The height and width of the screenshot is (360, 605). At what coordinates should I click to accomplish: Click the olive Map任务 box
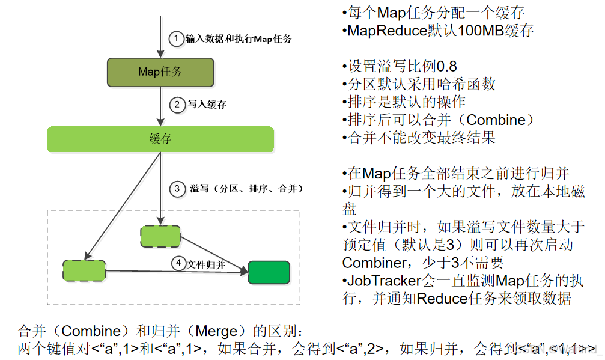(160, 72)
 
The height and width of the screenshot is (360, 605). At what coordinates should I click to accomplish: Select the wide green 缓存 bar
(160, 139)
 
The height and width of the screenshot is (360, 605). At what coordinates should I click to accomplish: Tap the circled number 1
(175, 39)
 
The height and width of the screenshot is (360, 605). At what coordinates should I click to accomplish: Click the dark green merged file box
(269, 272)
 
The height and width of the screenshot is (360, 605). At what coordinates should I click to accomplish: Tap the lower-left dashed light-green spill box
(84, 271)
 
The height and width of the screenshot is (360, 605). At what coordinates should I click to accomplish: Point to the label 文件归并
(207, 264)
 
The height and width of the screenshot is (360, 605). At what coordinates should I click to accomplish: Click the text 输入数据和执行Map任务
(239, 40)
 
